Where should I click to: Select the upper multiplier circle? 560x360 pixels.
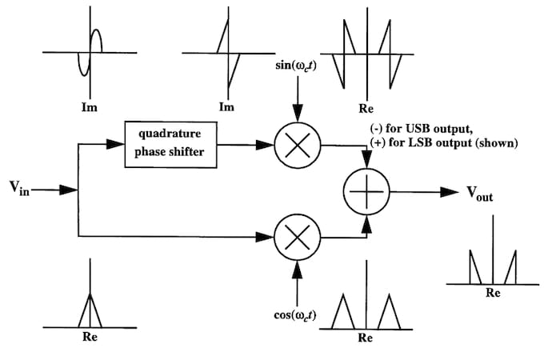296,145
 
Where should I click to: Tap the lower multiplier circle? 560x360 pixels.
296,238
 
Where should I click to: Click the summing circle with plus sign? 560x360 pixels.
366,192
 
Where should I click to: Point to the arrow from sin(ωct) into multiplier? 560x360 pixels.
296,110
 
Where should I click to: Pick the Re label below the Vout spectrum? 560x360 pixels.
493,294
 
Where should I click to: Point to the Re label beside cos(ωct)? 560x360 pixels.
366,338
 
